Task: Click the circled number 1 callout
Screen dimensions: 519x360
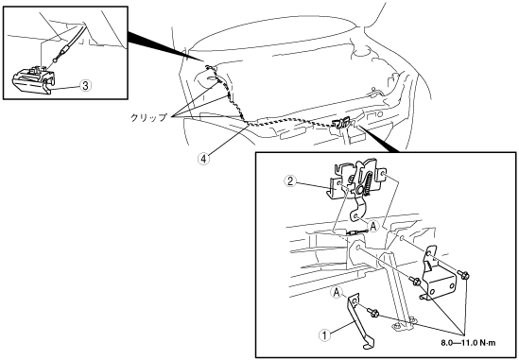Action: (x=324, y=335)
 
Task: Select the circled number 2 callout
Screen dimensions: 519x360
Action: (x=290, y=181)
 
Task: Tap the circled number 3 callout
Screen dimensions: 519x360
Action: (x=85, y=86)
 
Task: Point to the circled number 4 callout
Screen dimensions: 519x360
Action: (x=203, y=159)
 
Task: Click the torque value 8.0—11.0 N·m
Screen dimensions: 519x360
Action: (x=468, y=343)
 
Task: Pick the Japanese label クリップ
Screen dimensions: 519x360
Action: (x=148, y=117)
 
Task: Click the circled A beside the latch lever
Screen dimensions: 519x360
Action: (x=373, y=227)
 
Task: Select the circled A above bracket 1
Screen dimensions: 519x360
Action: (x=337, y=293)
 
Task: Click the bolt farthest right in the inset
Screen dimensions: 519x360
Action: (x=463, y=274)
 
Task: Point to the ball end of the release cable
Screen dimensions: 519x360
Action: (x=55, y=60)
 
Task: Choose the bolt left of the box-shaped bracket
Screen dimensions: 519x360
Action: (x=414, y=282)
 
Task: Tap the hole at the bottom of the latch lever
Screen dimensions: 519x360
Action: (x=356, y=216)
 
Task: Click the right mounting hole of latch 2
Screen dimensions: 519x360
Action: (x=383, y=173)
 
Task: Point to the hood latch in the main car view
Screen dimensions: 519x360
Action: (x=341, y=123)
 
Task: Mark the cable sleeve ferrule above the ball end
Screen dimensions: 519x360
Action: (x=64, y=51)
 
